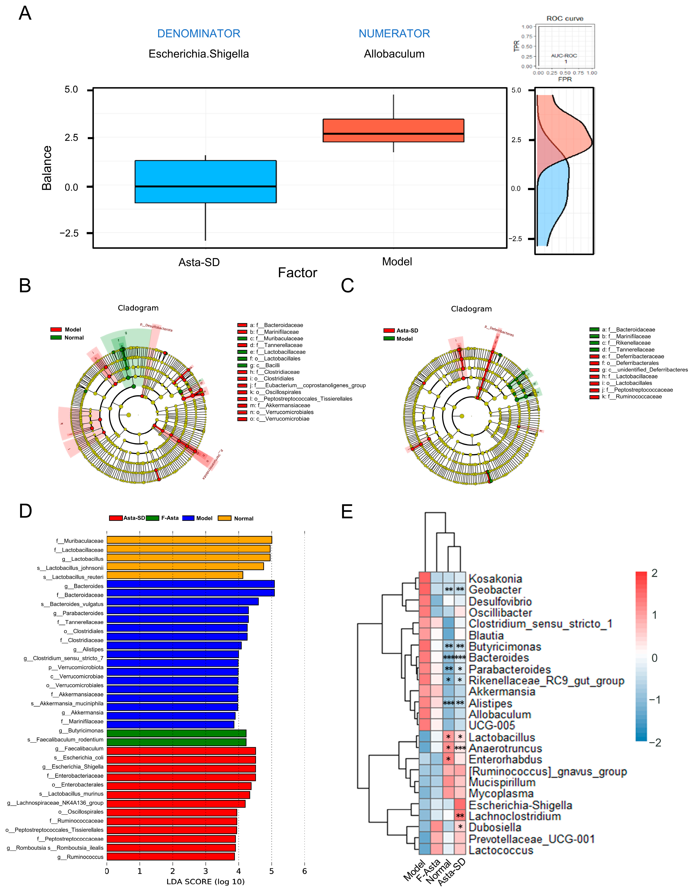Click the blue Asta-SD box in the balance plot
click(x=205, y=182)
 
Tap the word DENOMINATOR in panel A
click(x=199, y=34)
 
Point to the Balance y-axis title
click(x=47, y=168)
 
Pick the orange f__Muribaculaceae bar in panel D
click(x=189, y=540)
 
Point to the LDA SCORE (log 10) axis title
click(x=205, y=881)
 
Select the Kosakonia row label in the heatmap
click(x=495, y=579)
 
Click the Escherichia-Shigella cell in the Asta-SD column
click(x=460, y=805)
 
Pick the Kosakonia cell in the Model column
click(x=425, y=578)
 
